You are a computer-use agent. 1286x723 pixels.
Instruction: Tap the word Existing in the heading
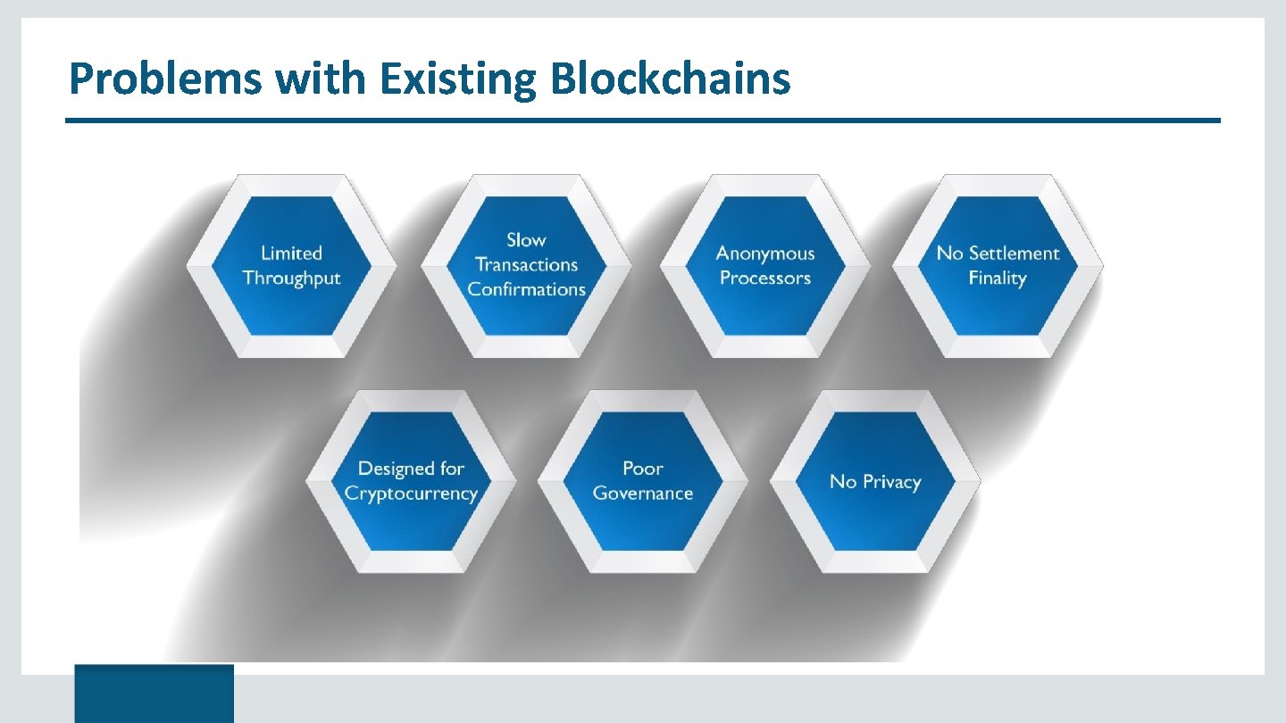point(458,79)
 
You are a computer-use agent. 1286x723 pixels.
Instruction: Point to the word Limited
point(291,253)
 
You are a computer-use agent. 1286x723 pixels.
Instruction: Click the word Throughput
point(291,278)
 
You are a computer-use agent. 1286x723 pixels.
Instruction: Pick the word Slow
point(526,240)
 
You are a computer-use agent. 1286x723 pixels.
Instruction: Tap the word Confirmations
point(526,290)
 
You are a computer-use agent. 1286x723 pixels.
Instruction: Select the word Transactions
point(526,265)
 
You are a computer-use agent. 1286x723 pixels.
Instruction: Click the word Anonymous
point(765,254)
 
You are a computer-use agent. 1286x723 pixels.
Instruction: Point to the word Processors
point(765,278)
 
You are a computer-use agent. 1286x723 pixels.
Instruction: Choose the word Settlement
point(1014,253)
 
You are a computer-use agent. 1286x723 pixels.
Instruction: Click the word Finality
point(998,278)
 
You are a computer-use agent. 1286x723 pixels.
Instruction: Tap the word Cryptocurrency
point(411,494)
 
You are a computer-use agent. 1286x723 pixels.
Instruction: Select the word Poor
point(643,469)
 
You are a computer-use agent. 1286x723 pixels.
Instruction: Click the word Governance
point(643,494)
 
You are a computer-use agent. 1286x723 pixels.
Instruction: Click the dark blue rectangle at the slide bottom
point(154,693)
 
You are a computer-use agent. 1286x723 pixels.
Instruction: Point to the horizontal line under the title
point(643,120)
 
